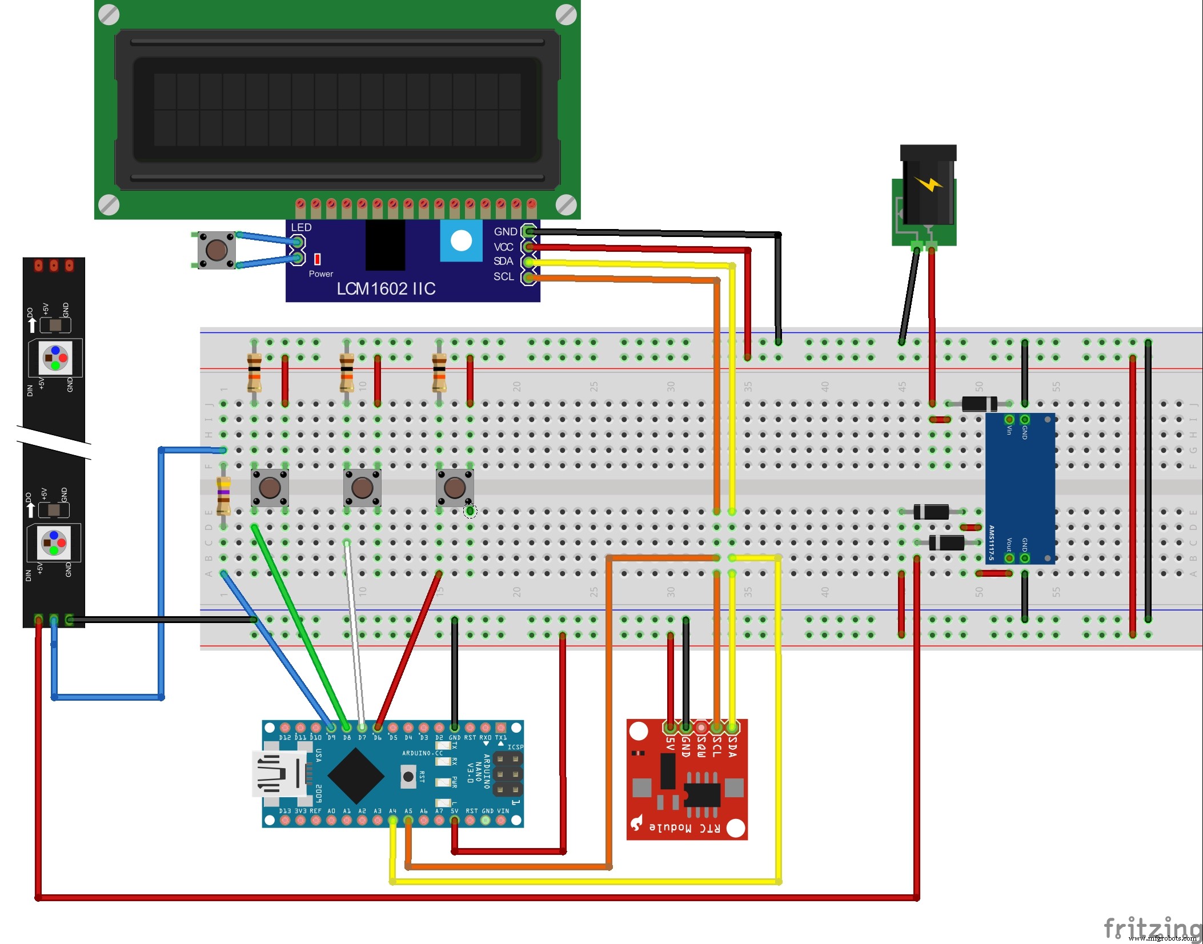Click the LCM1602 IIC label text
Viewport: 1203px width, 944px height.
click(386, 288)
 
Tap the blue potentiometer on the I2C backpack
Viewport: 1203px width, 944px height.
click(460, 242)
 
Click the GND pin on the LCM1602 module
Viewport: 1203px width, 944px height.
click(529, 231)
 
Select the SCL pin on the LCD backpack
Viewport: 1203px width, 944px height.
click(529, 277)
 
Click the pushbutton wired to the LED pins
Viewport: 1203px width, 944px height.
click(216, 250)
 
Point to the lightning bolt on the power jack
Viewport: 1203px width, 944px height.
click(928, 184)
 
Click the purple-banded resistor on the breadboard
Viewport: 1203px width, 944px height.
click(223, 494)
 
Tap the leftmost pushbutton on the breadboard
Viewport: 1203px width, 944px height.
click(270, 488)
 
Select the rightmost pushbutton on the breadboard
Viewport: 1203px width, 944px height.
click(455, 488)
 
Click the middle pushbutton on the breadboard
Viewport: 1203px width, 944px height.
click(362, 488)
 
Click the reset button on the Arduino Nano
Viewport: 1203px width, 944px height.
click(408, 777)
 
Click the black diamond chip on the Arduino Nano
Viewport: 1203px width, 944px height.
click(356, 775)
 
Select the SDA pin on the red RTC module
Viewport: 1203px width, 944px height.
click(732, 728)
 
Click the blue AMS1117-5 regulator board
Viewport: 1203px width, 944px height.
click(1020, 488)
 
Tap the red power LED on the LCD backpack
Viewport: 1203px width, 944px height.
click(318, 259)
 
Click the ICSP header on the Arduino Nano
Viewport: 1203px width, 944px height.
click(508, 775)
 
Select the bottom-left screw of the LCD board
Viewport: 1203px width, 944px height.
click(109, 204)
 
